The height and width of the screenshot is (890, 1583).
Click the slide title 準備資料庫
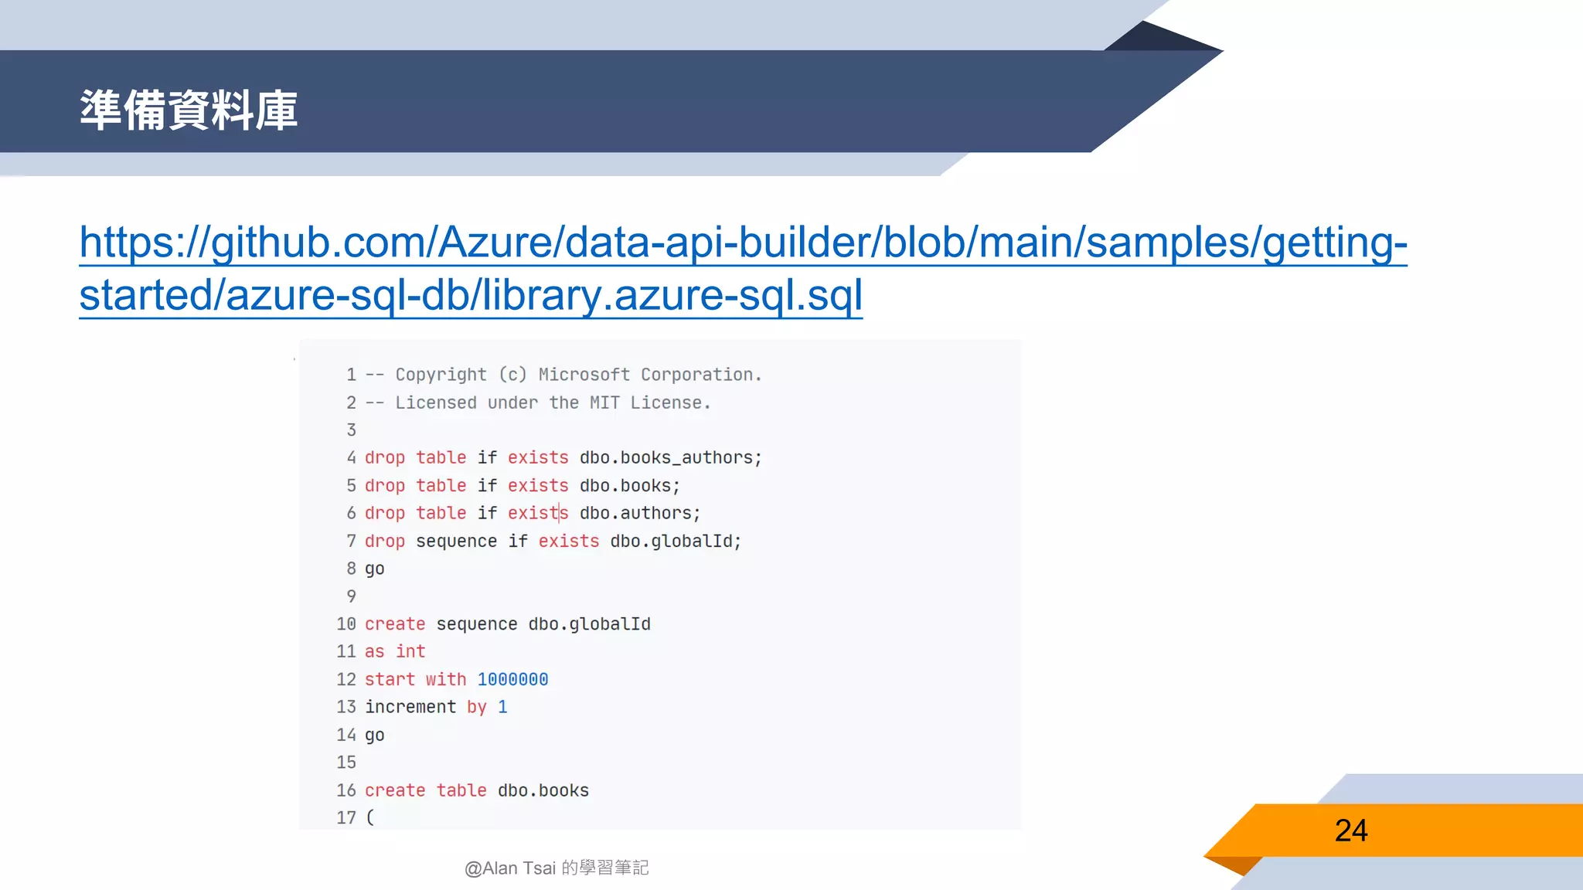pyautogui.click(x=189, y=110)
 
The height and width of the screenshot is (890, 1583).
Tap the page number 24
pyautogui.click(x=1350, y=831)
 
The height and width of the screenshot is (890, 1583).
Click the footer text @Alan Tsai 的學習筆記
pyautogui.click(x=557, y=868)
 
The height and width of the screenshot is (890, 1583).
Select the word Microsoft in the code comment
pyautogui.click(x=584, y=375)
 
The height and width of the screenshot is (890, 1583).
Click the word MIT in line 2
pyautogui.click(x=604, y=403)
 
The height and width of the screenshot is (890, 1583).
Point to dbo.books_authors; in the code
pyautogui.click(x=670, y=457)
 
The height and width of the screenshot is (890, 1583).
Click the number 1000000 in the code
pyautogui.click(x=512, y=679)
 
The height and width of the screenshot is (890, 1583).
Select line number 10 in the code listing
pyautogui.click(x=346, y=624)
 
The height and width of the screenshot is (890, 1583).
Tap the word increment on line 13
pyautogui.click(x=410, y=707)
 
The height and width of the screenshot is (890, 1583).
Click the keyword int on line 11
pyautogui.click(x=410, y=651)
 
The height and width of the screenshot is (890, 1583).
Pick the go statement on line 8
pyautogui.click(x=374, y=569)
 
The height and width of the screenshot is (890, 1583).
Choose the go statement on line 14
pyautogui.click(x=374, y=735)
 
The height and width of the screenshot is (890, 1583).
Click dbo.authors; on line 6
pyautogui.click(x=639, y=513)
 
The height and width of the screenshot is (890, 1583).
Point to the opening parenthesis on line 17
pyautogui.click(x=370, y=817)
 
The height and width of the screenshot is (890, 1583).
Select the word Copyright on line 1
pyautogui.click(x=441, y=375)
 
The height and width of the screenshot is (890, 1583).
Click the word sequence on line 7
pyautogui.click(x=456, y=541)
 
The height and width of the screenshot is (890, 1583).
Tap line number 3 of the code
pyautogui.click(x=351, y=430)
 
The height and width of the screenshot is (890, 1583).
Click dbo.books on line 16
pyautogui.click(x=543, y=790)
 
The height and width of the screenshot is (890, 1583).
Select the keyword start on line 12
pyautogui.click(x=390, y=679)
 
